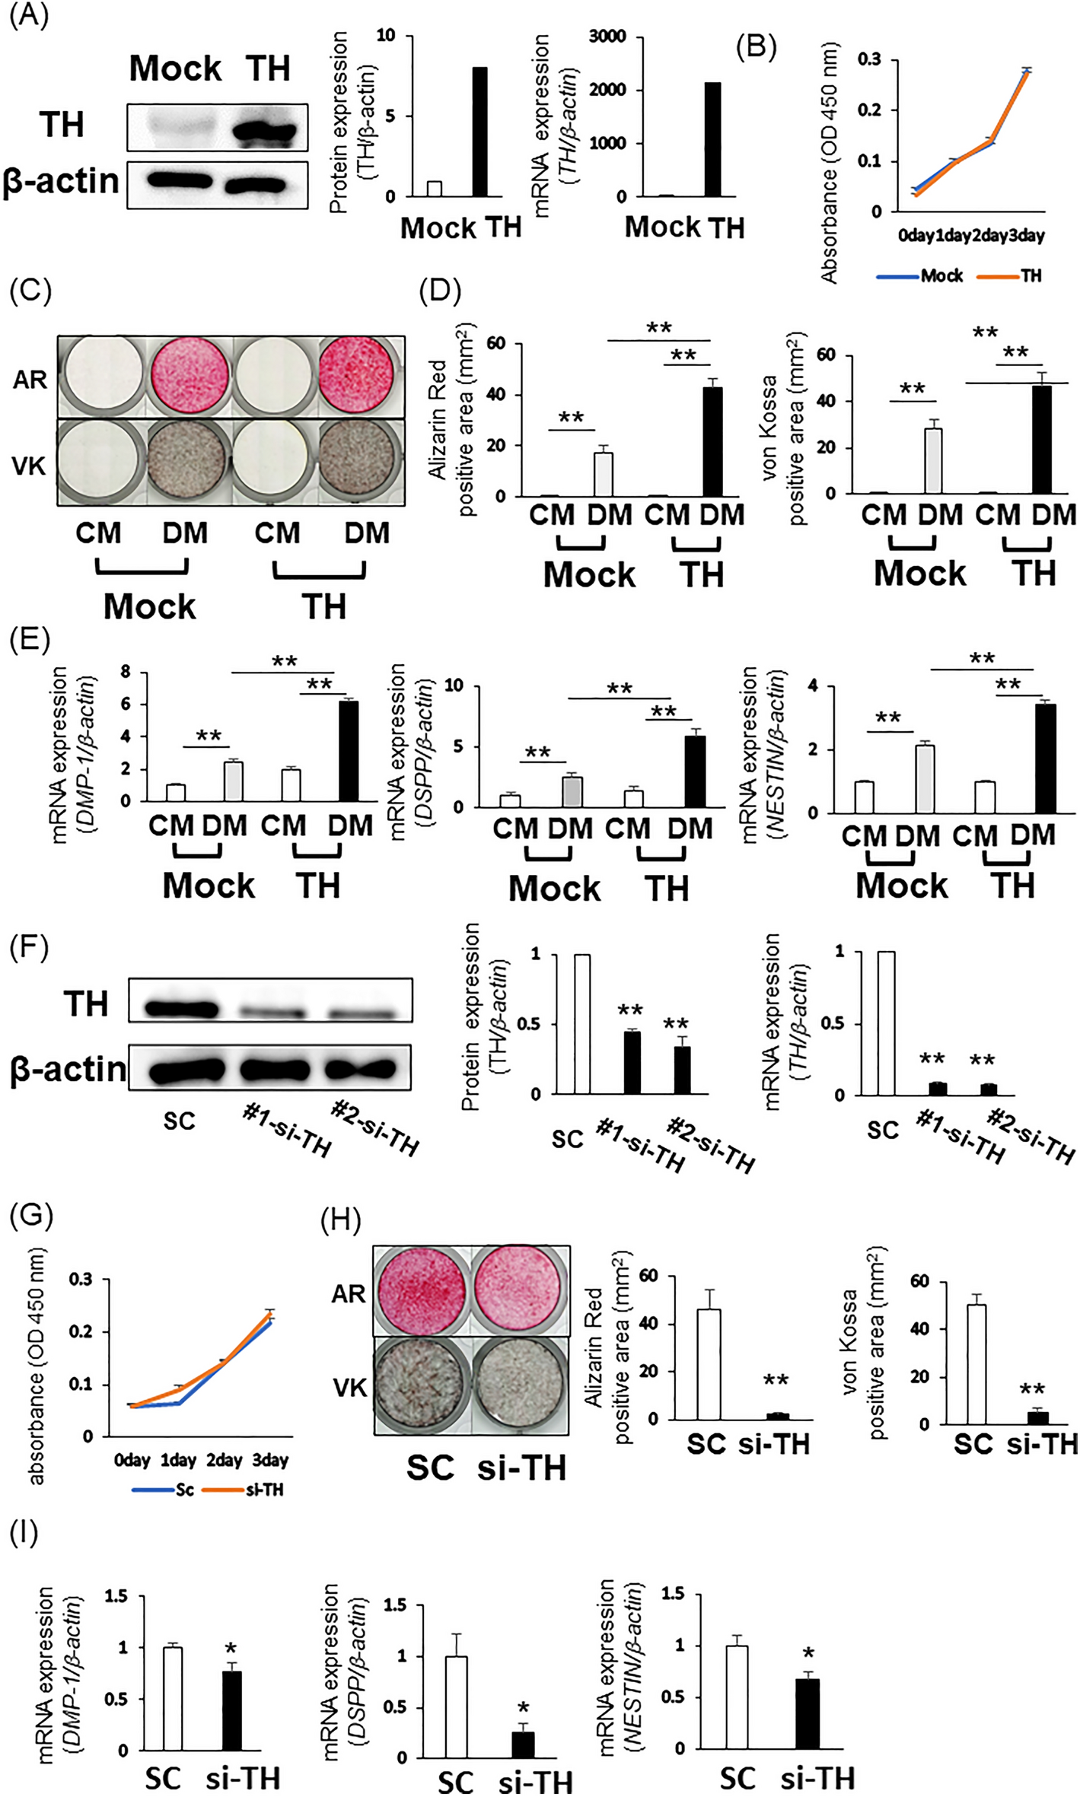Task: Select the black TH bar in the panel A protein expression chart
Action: tap(479, 132)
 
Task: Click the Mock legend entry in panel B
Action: tap(941, 276)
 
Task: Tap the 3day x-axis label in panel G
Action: tap(270, 1460)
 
